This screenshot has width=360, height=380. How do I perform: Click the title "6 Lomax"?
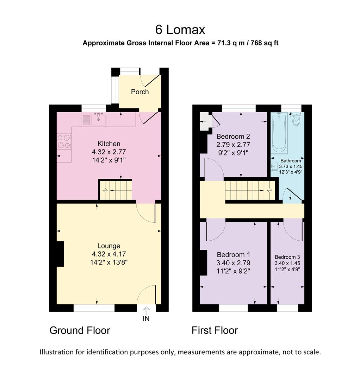[180, 30]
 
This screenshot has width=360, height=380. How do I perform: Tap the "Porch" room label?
[140, 92]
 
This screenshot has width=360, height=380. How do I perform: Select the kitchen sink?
[99, 119]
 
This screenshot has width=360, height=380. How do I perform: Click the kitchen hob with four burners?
[64, 141]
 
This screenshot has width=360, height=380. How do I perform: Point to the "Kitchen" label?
[109, 144]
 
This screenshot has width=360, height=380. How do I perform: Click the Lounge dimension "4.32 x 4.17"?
[109, 254]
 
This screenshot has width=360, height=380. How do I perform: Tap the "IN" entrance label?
[146, 318]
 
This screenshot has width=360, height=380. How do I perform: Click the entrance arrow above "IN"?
[146, 311]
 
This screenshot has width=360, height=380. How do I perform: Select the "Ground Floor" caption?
[80, 330]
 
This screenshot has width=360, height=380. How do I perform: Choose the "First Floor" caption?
[215, 330]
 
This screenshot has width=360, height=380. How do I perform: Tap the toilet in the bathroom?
[296, 119]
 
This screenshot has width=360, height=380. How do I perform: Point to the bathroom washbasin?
[274, 166]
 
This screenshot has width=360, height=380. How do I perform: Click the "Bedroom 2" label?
[233, 137]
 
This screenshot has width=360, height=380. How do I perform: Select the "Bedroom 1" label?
[233, 255]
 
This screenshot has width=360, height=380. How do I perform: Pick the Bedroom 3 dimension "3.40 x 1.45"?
[287, 263]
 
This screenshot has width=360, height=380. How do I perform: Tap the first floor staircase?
[250, 190]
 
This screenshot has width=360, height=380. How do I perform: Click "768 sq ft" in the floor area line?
[265, 43]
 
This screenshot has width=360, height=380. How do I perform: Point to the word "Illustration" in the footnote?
[56, 352]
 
